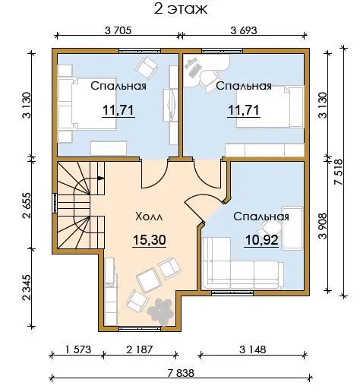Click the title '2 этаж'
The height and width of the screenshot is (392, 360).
181,8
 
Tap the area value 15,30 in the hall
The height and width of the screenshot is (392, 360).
150,239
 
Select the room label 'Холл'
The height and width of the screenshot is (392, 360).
149,217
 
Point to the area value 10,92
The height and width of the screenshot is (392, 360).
261,240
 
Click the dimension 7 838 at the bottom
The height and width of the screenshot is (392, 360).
181,373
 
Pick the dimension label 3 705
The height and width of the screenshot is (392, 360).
118,30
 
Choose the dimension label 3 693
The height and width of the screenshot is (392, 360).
244,30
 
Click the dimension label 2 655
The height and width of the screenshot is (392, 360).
27,205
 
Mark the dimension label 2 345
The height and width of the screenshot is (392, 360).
27,288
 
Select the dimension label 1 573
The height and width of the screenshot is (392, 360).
78,349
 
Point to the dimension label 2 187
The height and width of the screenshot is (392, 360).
140,349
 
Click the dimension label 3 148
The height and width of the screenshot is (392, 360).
253,349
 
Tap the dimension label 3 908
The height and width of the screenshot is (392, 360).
323,226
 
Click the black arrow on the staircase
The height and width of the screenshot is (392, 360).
101,178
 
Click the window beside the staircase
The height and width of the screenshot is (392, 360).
55,204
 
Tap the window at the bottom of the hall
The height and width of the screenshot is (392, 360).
140,329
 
